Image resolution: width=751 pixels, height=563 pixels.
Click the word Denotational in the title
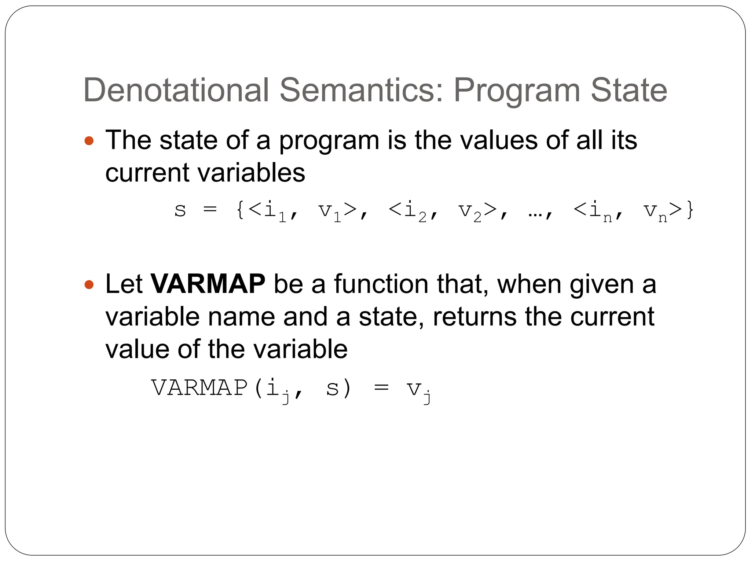click(176, 90)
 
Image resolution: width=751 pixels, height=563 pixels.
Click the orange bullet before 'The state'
click(89, 141)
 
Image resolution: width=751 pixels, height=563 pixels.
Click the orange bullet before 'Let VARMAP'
click(89, 284)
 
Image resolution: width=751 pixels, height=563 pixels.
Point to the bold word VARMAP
click(208, 284)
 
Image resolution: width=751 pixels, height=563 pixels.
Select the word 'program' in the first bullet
click(329, 141)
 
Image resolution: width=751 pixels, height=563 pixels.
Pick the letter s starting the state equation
click(180, 210)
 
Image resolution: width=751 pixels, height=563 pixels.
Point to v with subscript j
click(418, 390)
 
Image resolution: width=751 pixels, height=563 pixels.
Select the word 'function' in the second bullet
click(381, 284)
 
